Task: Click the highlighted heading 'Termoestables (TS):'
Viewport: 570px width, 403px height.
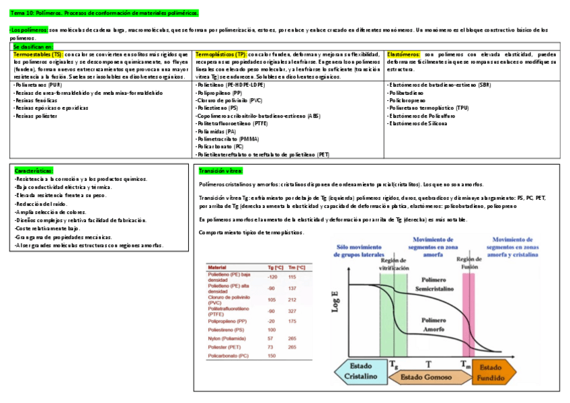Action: click(x=38, y=54)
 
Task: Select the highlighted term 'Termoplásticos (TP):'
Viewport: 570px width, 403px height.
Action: click(x=220, y=54)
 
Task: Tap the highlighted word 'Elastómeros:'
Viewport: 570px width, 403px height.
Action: click(x=404, y=54)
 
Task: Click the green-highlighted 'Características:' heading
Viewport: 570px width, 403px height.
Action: click(x=34, y=171)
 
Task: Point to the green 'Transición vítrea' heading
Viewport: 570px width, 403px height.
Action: click(x=220, y=171)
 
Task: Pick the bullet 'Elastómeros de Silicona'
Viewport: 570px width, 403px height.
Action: click(x=416, y=123)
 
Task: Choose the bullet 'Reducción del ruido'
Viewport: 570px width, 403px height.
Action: click(x=40, y=204)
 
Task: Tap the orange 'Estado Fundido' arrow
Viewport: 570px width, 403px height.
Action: click(x=493, y=371)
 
